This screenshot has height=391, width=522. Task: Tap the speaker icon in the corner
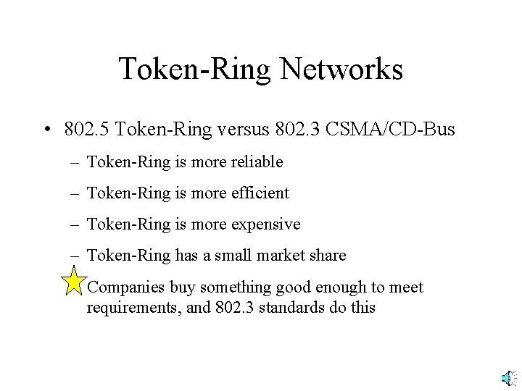[508, 378]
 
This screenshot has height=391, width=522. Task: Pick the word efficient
[260, 193]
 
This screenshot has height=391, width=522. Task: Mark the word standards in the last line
[290, 307]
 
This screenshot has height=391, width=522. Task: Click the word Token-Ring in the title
[194, 70]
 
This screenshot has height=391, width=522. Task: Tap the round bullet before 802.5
[46, 131]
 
